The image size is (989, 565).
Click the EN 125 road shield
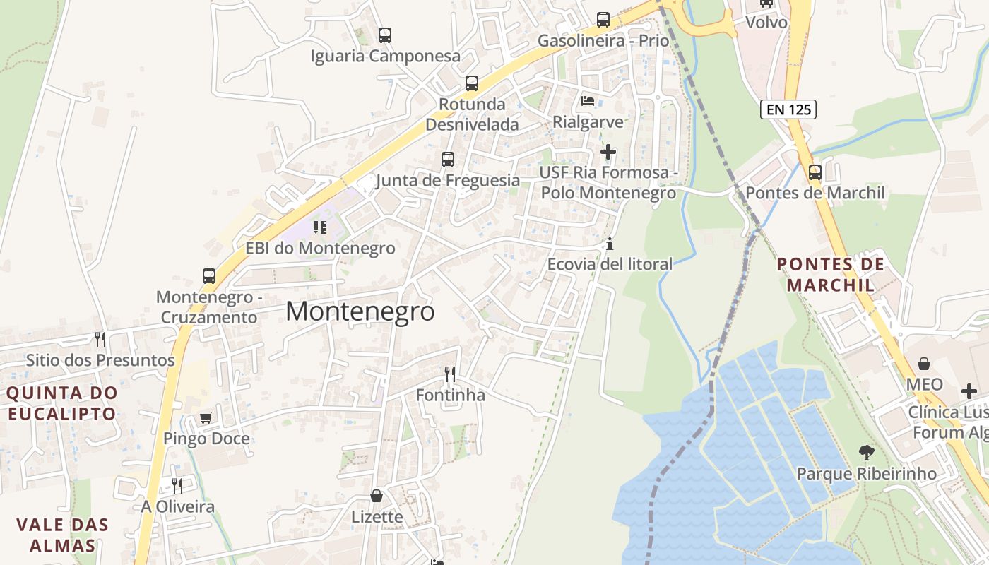pyautogui.click(x=788, y=109)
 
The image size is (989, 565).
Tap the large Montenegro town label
pyautogui.click(x=360, y=311)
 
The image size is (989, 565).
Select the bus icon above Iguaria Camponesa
pyautogui.click(x=384, y=35)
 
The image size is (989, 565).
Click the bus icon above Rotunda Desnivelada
pyautogui.click(x=472, y=83)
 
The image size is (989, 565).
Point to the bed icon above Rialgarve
pyautogui.click(x=588, y=101)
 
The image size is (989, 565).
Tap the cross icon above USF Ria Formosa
pyautogui.click(x=608, y=152)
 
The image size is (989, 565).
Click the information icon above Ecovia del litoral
pyautogui.click(x=610, y=244)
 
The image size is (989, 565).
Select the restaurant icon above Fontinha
pyautogui.click(x=450, y=374)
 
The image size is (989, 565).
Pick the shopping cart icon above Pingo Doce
pyautogui.click(x=206, y=417)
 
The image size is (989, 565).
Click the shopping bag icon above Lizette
pyautogui.click(x=377, y=496)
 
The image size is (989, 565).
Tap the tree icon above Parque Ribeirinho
pyautogui.click(x=866, y=452)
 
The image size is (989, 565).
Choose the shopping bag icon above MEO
pyautogui.click(x=924, y=364)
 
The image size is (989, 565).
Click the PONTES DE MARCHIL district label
pyautogui.click(x=830, y=275)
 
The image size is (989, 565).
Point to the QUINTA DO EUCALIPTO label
pyautogui.click(x=62, y=403)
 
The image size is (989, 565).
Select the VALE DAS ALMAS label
pyautogui.click(x=63, y=535)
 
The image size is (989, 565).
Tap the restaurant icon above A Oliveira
pyautogui.click(x=177, y=486)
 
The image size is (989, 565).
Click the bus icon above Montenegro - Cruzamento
pyautogui.click(x=209, y=276)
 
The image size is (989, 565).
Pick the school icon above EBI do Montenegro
pyautogui.click(x=320, y=227)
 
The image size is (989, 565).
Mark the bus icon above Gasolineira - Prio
pyautogui.click(x=603, y=20)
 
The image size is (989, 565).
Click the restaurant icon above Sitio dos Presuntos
pyautogui.click(x=100, y=340)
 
